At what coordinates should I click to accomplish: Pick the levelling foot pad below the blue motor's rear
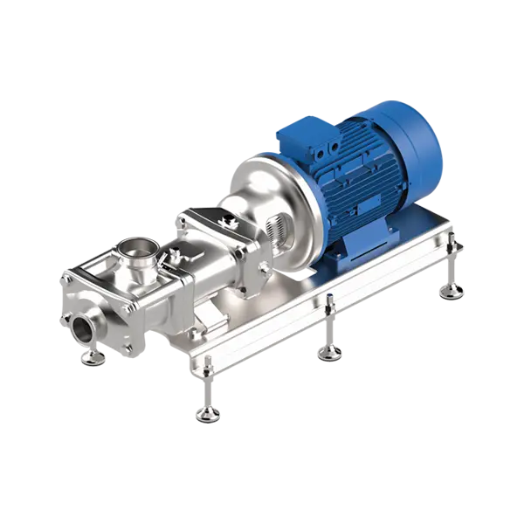[452, 292]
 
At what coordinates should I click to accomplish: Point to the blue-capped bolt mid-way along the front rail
[328, 302]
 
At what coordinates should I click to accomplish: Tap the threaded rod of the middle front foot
[328, 332]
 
